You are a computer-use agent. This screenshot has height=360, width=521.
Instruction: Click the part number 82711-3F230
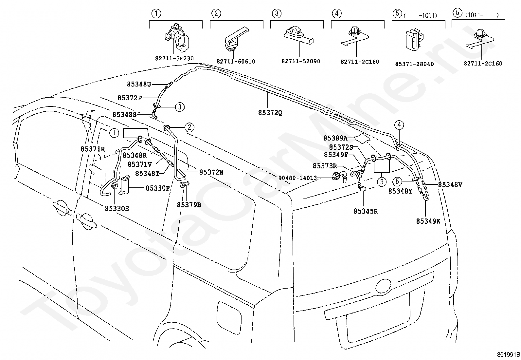(174, 58)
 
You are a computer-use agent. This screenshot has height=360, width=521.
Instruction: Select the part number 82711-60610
(236, 62)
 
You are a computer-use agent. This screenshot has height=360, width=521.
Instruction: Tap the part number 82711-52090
(301, 61)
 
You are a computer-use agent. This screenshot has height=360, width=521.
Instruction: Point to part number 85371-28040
(414, 64)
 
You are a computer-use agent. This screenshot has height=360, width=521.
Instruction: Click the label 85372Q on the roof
(270, 113)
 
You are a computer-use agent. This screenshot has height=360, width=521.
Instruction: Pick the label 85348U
(139, 84)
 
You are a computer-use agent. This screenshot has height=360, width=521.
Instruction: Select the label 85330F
(158, 188)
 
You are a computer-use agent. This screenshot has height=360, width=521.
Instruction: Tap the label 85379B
(189, 205)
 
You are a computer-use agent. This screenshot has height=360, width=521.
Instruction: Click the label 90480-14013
(298, 178)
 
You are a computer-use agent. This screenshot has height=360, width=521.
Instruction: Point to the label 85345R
(366, 211)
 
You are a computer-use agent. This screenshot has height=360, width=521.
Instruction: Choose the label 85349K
(428, 221)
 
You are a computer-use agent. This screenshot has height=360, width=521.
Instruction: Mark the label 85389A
(335, 138)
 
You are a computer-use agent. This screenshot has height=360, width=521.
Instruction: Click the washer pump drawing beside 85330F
(124, 185)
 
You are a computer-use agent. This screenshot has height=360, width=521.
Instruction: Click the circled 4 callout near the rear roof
(399, 125)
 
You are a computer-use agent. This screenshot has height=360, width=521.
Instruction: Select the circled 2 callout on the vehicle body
(189, 127)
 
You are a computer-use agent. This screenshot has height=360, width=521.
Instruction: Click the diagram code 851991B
(508, 355)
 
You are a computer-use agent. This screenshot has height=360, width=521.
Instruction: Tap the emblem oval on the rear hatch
(383, 286)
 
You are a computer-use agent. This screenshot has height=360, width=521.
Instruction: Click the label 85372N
(211, 172)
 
